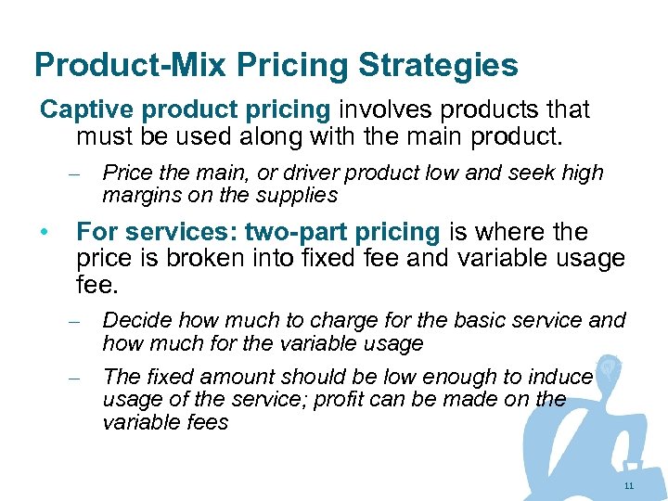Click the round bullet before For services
[x=45, y=232]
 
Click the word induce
[x=561, y=378]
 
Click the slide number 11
[x=628, y=486]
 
